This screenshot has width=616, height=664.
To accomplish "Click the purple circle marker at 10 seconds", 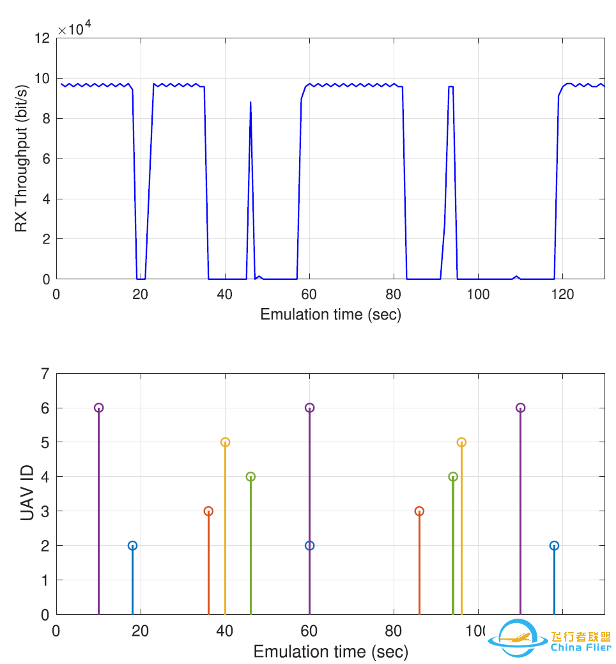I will tap(98, 408).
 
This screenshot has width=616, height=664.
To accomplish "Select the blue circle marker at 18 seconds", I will tap(132, 546).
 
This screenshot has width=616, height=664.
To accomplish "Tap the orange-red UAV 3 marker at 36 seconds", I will tap(208, 511).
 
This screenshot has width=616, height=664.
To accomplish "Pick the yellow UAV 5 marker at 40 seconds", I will tap(225, 442).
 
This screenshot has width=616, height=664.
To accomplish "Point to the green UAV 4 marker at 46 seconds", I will tap(250, 477).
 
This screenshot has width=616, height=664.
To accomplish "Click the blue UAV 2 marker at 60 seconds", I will tap(310, 546).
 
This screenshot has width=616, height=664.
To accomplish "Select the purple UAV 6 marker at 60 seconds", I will tap(310, 408).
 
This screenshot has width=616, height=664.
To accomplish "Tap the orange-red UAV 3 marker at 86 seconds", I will tap(419, 511).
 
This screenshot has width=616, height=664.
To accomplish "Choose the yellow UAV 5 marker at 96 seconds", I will tap(461, 442).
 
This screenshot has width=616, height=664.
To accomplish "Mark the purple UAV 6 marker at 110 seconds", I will tap(520, 408).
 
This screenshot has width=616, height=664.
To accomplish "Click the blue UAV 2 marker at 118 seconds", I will tap(554, 546).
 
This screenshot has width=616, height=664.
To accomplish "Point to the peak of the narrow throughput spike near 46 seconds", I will tap(250, 102).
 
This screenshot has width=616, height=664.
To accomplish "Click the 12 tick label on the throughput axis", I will tap(42, 38).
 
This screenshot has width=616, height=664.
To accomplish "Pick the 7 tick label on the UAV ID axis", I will tap(45, 374).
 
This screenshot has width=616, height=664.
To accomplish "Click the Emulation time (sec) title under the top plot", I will tap(330, 314).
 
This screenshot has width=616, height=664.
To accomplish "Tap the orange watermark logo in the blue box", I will tap(516, 637).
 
